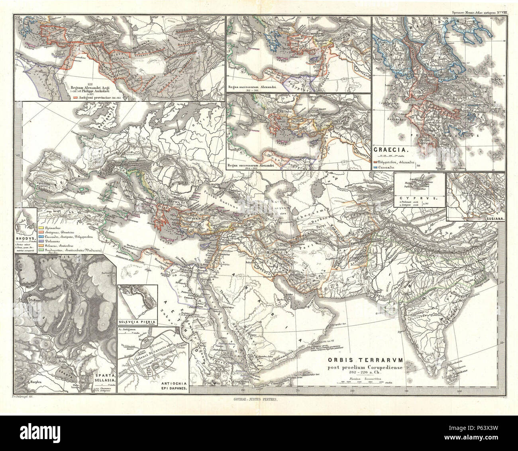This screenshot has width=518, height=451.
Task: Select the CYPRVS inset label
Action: [x=419, y=198]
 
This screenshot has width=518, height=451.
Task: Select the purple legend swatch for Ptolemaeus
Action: [x=41, y=242]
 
